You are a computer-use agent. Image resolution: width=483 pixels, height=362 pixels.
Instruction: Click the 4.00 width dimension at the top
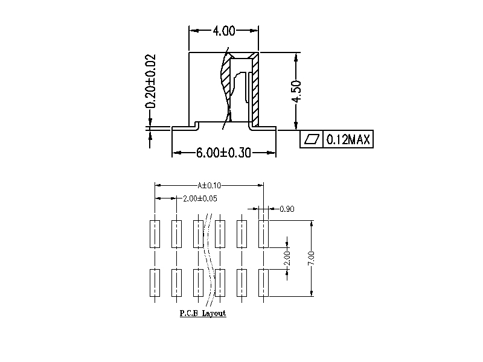223,30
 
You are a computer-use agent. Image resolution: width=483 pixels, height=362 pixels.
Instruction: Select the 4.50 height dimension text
296,92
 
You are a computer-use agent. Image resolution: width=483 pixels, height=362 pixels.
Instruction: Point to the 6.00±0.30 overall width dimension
223,153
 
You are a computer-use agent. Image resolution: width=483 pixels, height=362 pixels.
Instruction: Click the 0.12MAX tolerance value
348,140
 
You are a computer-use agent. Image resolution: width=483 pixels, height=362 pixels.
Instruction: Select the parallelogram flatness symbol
312,140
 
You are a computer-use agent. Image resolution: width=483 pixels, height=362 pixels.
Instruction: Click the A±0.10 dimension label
209,186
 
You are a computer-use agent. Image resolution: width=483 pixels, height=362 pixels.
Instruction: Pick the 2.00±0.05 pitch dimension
200,198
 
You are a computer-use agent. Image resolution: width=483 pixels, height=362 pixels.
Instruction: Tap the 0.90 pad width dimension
287,209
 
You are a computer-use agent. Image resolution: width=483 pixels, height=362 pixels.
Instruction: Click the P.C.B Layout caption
203,314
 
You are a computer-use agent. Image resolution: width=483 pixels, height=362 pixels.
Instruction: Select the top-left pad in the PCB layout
155,234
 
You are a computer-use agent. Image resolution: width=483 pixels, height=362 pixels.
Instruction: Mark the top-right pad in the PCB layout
264,234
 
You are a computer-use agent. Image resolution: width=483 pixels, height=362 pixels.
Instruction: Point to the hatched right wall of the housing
255,91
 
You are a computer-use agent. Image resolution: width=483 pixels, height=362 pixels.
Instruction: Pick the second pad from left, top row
176,234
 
